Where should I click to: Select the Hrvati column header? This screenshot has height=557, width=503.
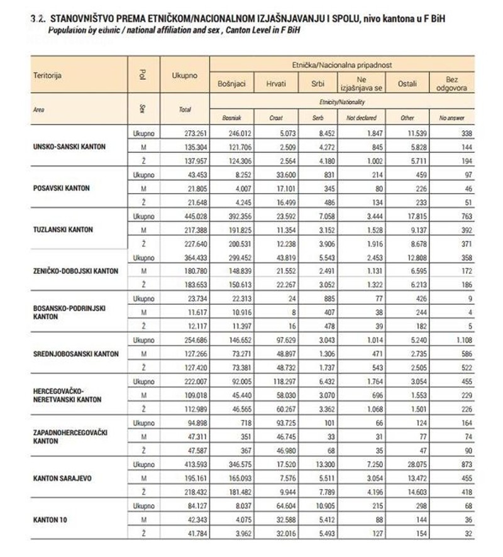(278, 84)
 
